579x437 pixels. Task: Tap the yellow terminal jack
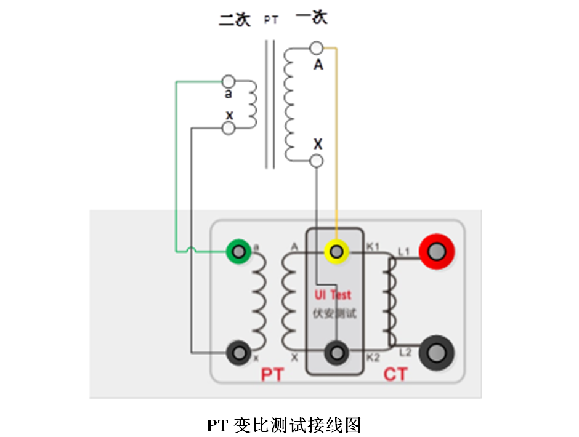(x=336, y=251)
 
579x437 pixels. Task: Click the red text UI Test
(x=333, y=295)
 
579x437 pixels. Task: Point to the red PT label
(x=272, y=374)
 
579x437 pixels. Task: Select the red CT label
(x=395, y=374)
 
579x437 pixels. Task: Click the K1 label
(x=373, y=247)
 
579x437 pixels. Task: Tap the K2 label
(x=373, y=358)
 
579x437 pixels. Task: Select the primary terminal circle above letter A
(x=317, y=48)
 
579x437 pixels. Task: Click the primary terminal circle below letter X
(x=317, y=161)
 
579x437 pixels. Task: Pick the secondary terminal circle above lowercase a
(x=228, y=81)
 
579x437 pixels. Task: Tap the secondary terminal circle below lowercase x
(x=228, y=128)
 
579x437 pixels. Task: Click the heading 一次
(x=312, y=17)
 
